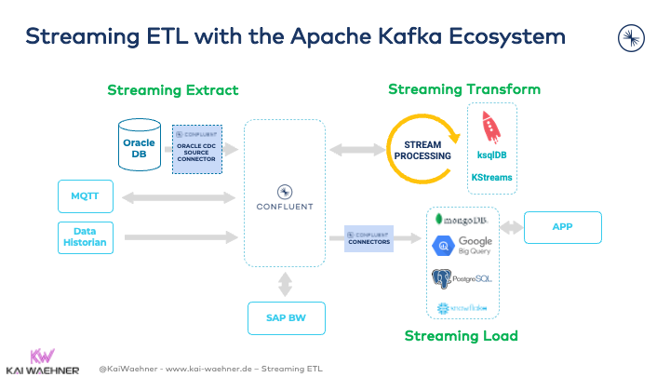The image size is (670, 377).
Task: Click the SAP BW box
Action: pos(287,318)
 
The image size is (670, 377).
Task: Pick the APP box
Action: pos(563,226)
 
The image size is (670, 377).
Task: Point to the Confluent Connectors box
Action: pos(369,238)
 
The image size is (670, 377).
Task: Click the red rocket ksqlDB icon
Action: pos(491,127)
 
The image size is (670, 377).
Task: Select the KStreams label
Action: pos(491,177)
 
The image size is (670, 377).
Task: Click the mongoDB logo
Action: pos(462,220)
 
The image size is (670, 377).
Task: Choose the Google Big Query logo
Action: pos(462,247)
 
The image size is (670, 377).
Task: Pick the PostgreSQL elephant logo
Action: pos(462,277)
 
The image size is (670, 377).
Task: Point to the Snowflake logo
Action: pos(462,307)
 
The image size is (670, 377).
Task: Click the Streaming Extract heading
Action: pos(173,90)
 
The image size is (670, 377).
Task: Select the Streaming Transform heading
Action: pos(463,89)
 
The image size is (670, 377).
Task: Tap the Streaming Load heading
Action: pos(461,335)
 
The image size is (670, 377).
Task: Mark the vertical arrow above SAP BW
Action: pos(286,281)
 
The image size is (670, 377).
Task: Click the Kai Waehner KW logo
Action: pos(41,356)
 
